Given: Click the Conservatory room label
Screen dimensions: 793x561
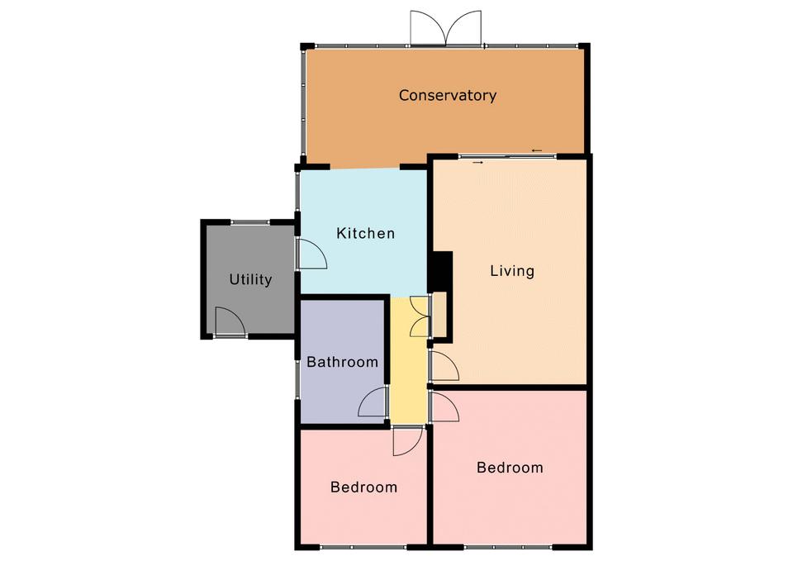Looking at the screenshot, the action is [x=448, y=95].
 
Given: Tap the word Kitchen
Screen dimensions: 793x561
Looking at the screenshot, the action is [x=366, y=233].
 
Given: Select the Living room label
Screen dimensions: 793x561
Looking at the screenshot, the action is [x=512, y=271].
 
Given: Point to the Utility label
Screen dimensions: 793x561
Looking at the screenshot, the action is [x=250, y=280].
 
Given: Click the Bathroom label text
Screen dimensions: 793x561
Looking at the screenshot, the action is [x=342, y=362].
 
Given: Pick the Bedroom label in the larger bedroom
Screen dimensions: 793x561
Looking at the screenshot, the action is [x=510, y=468].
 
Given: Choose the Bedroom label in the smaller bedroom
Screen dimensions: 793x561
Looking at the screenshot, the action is [x=363, y=487].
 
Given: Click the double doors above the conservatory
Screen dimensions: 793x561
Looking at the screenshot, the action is [x=445, y=28].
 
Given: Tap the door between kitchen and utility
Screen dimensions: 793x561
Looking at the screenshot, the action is [x=311, y=254].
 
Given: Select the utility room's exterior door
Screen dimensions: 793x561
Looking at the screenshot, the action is [x=230, y=321].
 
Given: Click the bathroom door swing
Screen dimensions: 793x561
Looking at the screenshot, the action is [x=373, y=402].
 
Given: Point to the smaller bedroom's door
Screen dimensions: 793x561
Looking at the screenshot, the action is [x=407, y=441].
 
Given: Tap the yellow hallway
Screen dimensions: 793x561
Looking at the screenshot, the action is [x=409, y=361].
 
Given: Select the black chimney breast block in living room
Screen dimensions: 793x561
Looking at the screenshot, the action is [x=441, y=272].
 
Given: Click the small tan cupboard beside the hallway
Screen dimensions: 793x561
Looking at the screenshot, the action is [x=439, y=315].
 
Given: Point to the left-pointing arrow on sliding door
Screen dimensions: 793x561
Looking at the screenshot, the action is [x=537, y=150].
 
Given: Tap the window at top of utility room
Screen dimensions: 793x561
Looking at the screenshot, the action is [x=250, y=222].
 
